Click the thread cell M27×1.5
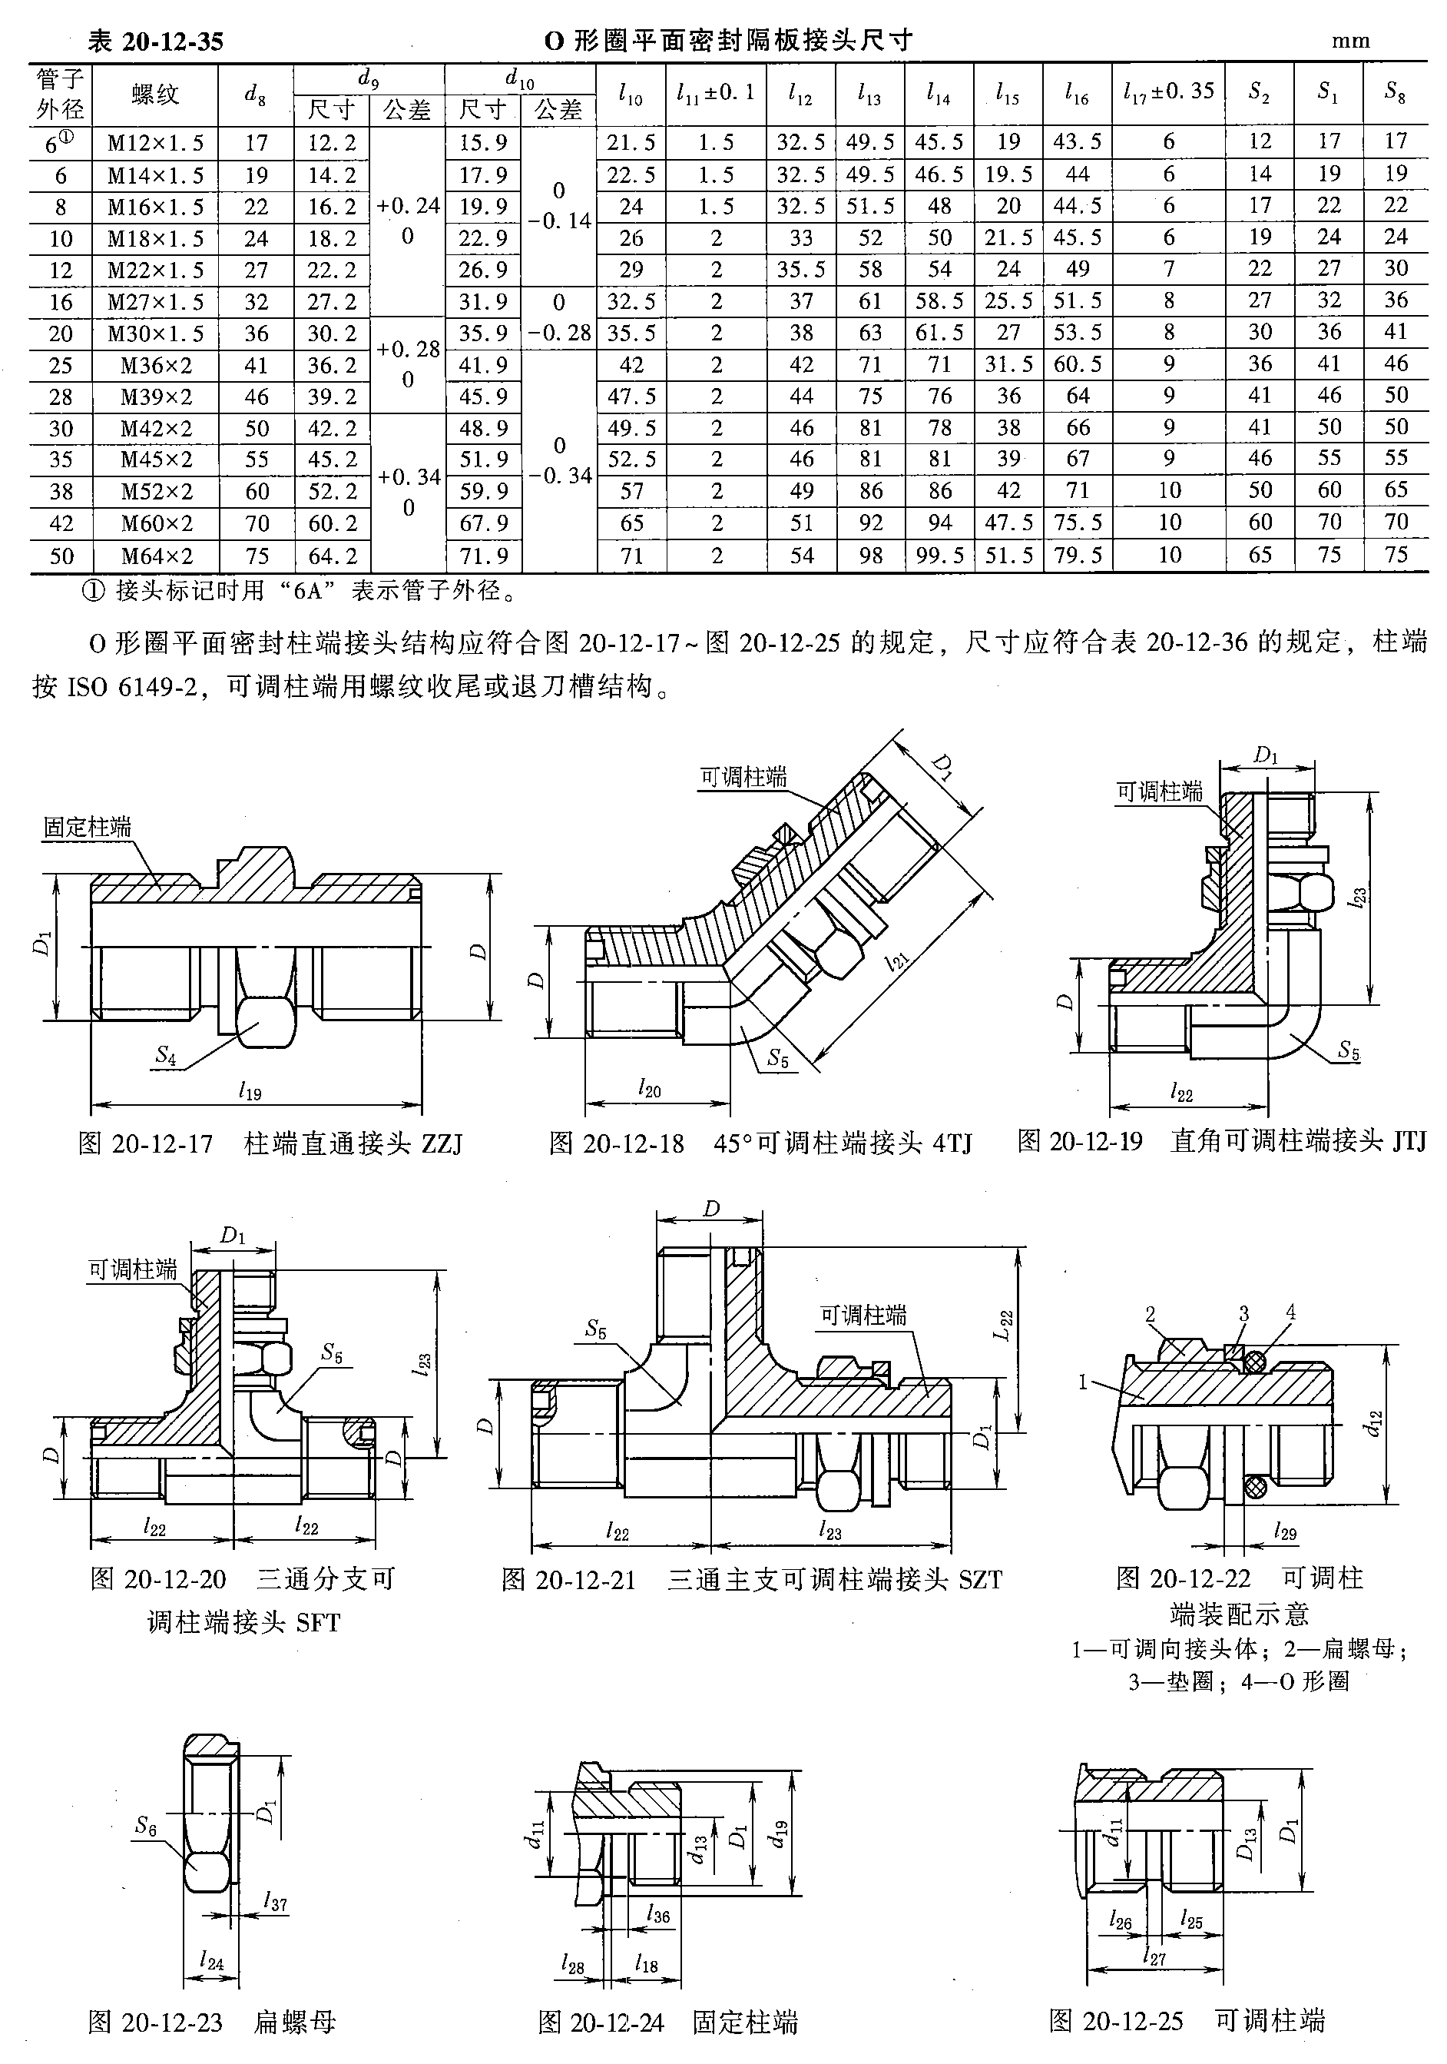coord(154,302)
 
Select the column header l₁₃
coord(869,94)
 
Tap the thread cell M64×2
coord(154,556)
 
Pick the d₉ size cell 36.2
coord(332,365)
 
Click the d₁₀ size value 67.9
coord(484,523)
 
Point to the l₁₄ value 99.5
coord(939,556)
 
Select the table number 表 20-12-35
coord(154,41)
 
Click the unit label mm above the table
coord(1350,41)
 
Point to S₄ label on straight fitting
coord(165,1054)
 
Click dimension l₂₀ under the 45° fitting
coord(649,1090)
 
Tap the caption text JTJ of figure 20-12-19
coord(1408,1142)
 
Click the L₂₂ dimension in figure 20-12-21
coord(1005,1325)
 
